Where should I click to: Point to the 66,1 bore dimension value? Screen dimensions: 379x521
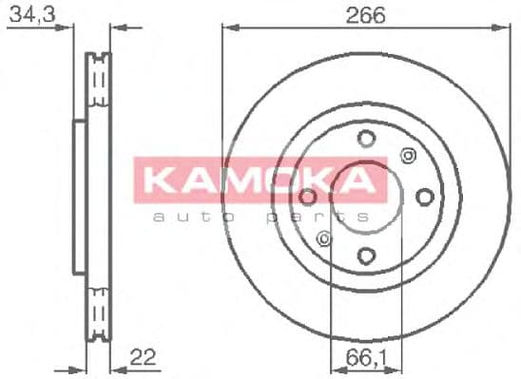pos(361,357)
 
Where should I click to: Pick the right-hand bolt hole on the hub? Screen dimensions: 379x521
pos(425,197)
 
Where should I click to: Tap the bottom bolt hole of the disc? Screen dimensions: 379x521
pos(367,255)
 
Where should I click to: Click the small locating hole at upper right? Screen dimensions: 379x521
pos(409,156)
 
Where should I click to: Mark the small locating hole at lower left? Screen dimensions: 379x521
pos(325,238)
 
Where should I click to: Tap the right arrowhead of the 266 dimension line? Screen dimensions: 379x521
pos(503,28)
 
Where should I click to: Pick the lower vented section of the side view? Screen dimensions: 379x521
pos(95,308)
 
